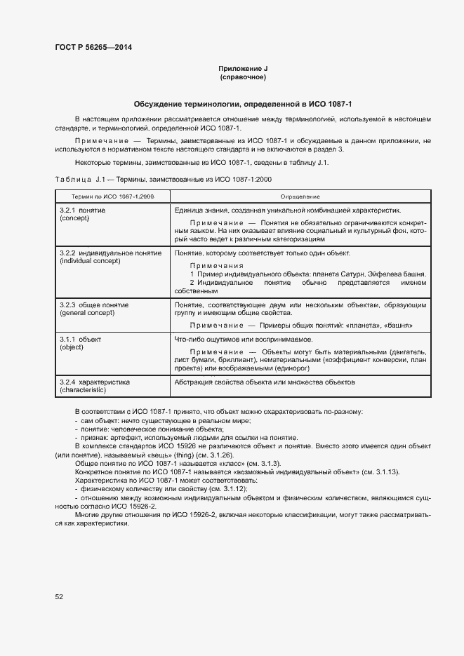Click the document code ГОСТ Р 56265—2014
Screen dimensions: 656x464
click(93, 48)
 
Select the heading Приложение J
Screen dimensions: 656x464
click(243, 68)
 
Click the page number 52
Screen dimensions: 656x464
click(58, 596)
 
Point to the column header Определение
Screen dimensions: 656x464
click(300, 197)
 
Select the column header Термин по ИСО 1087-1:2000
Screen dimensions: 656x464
click(112, 197)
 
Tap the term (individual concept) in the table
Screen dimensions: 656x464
click(91, 261)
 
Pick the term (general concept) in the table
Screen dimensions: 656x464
click(87, 312)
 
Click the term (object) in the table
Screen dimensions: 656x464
click(72, 347)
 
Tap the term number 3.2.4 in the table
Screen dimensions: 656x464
click(68, 382)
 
